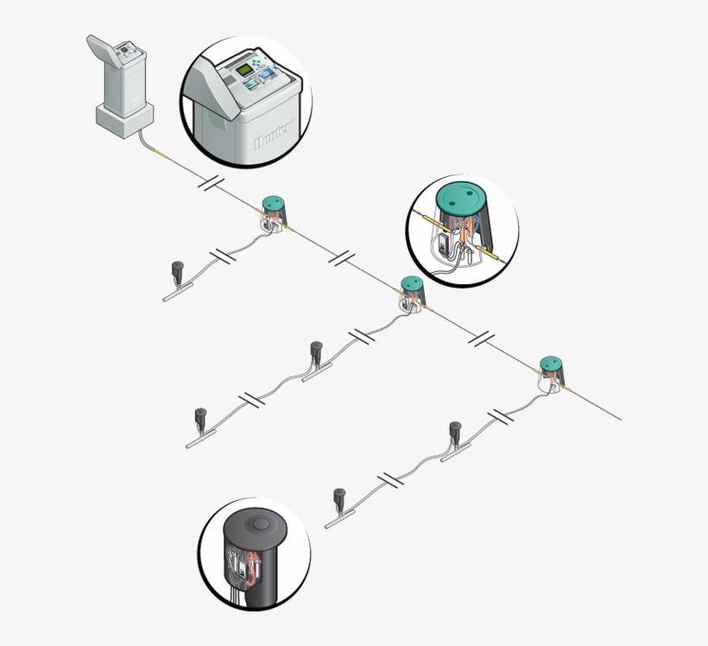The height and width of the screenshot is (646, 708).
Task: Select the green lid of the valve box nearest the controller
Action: (x=275, y=205)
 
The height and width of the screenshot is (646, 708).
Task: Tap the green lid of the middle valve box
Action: (x=411, y=283)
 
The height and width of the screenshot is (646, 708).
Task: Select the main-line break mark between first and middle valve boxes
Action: (x=343, y=257)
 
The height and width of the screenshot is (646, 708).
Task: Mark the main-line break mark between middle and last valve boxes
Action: (x=480, y=338)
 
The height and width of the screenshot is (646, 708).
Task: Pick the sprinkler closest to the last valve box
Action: (x=456, y=431)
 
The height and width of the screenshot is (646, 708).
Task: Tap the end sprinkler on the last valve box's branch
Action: (x=340, y=498)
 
